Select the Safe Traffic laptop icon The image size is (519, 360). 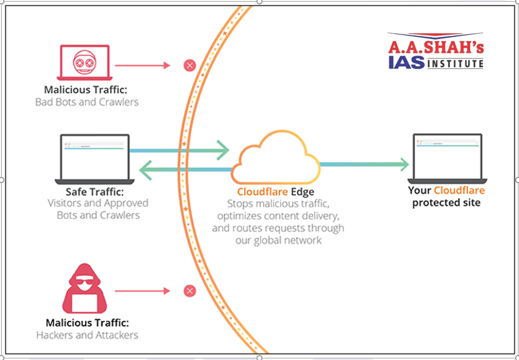[94, 159]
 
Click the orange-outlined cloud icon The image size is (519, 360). [276, 157]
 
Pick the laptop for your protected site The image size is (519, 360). [447, 159]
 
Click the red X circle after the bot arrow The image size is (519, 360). [190, 66]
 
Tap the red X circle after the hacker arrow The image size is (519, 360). [190, 291]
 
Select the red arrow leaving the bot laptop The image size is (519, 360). [143, 66]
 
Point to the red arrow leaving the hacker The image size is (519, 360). [143, 291]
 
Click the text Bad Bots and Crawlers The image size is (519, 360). [87, 102]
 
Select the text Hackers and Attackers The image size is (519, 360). [87, 335]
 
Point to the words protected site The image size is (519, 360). [446, 203]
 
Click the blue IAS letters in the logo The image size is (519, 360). [407, 62]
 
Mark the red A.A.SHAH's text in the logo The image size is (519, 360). [435, 46]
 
